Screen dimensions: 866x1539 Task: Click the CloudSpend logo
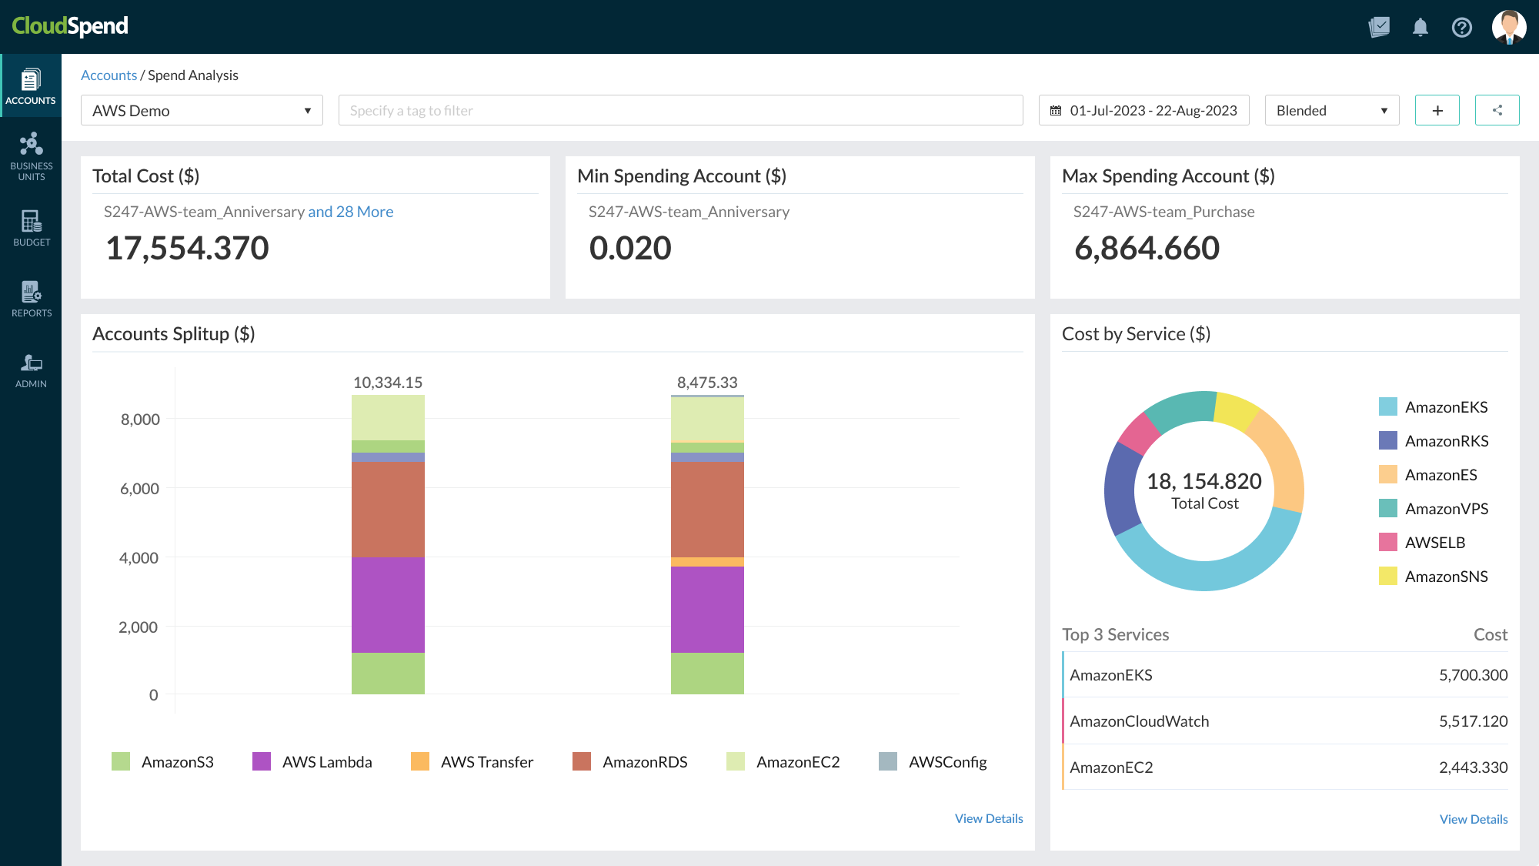(x=70, y=26)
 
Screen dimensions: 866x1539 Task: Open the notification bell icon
(x=1420, y=28)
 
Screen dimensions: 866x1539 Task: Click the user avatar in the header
(x=1508, y=28)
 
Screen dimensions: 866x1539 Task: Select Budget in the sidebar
(x=32, y=228)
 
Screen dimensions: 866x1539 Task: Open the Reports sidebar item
(x=32, y=299)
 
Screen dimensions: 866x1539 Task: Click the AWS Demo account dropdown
(x=202, y=111)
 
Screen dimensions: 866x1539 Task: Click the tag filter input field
(x=680, y=111)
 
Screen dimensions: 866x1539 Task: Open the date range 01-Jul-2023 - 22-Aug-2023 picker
(x=1143, y=111)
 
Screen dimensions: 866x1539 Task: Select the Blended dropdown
(x=1331, y=111)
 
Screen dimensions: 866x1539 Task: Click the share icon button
(x=1497, y=111)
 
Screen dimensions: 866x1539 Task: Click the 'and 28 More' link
(x=350, y=212)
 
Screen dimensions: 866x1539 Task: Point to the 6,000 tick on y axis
(x=139, y=489)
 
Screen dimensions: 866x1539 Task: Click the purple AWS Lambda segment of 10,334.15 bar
(x=388, y=604)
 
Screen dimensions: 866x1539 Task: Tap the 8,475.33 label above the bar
(x=706, y=383)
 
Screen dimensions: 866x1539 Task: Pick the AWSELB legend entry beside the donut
(x=1434, y=543)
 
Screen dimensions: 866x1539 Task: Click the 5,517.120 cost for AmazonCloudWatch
(x=1473, y=721)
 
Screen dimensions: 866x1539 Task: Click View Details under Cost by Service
(x=1473, y=819)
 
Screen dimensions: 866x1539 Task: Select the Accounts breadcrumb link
(x=108, y=75)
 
